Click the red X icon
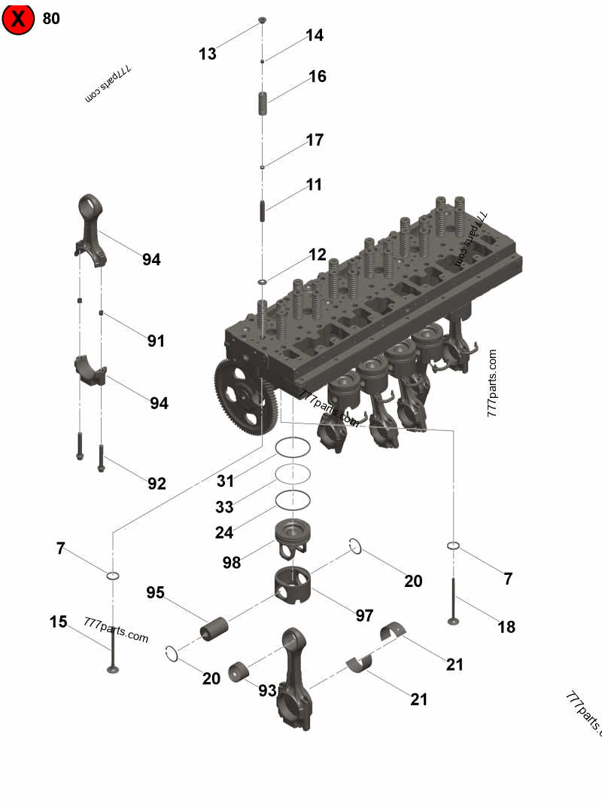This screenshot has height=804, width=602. point(18,19)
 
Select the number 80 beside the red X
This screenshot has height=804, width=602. point(51,19)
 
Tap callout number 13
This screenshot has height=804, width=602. point(207,53)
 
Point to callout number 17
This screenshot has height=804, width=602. point(315,140)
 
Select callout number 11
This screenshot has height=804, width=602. point(314,185)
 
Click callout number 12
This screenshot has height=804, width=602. point(318,255)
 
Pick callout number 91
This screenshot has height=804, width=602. point(156,341)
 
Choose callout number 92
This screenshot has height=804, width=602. point(157,484)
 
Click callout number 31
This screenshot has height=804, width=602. point(225,481)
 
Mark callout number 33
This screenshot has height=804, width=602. point(224,506)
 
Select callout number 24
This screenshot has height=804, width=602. point(224,533)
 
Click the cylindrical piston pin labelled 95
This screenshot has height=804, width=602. point(214,628)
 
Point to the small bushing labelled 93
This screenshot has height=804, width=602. point(242,670)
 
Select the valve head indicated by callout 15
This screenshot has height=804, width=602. point(113,667)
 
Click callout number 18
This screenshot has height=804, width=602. point(506,626)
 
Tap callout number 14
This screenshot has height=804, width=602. point(315,35)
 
